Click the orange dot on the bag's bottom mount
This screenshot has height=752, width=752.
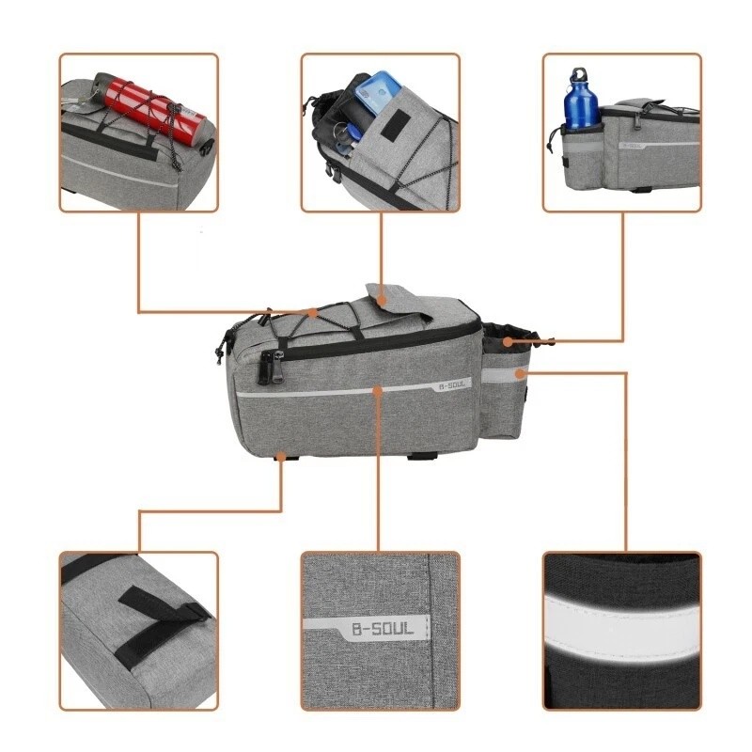pyautogui.click(x=282, y=458)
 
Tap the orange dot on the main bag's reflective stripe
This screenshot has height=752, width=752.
pyautogui.click(x=378, y=388)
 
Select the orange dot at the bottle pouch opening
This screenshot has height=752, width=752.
pyautogui.click(x=509, y=340)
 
